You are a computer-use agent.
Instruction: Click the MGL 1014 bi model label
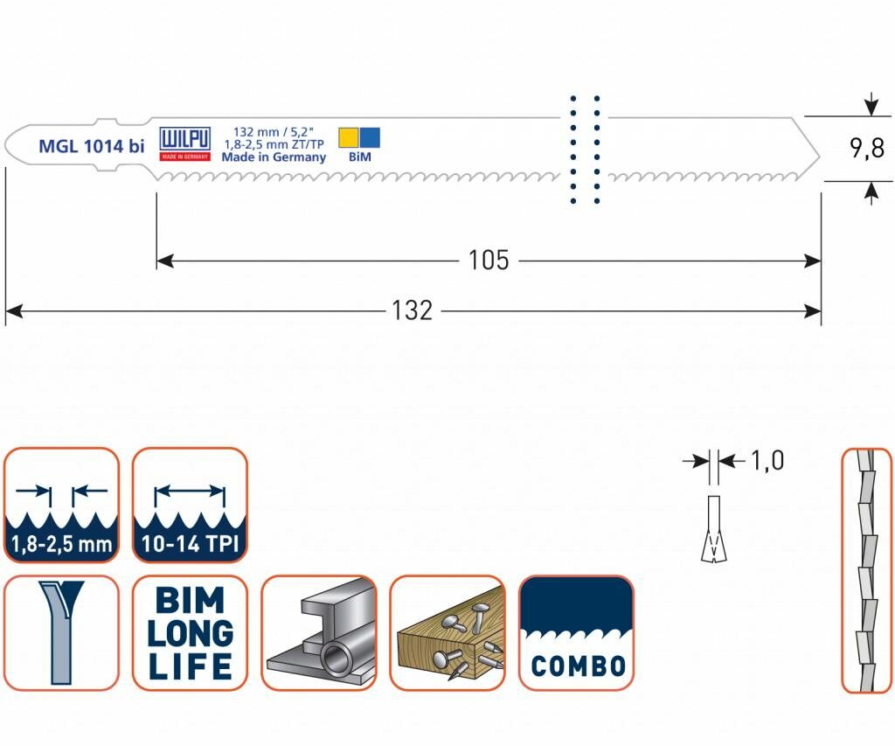91,147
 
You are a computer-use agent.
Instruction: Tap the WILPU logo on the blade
184,140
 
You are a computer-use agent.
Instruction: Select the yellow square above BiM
348,137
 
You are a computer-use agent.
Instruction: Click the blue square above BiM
370,137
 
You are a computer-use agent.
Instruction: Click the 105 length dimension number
488,261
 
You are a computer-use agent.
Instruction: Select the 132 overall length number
412,310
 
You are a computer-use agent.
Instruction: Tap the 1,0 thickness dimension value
767,460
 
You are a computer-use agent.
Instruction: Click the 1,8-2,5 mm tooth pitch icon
61,505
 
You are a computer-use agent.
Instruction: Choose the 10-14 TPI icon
190,505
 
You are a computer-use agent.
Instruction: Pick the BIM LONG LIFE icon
190,633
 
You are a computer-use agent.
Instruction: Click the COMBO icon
577,633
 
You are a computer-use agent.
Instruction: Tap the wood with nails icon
447,633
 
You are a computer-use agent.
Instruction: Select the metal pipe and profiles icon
319,633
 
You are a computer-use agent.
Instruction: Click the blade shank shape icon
61,633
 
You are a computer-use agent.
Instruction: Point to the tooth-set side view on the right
866,571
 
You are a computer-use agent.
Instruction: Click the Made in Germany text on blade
273,157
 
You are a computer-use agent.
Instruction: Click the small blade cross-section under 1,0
714,528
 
